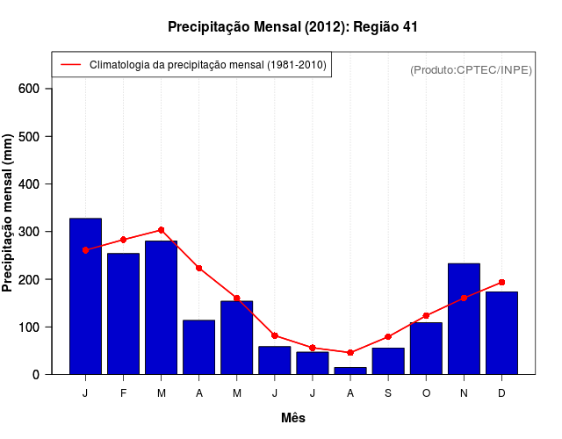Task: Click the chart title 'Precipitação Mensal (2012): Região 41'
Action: [292, 27]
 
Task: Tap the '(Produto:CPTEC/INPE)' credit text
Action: [471, 69]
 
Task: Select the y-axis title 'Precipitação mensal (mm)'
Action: [8, 212]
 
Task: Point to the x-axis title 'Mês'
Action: [293, 418]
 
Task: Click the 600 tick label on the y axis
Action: [28, 89]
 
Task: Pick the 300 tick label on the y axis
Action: [28, 232]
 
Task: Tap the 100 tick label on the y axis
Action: [28, 327]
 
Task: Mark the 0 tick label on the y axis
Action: [35, 374]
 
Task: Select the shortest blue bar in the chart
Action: [350, 371]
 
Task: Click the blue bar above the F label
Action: [123, 313]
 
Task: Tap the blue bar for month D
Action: [501, 333]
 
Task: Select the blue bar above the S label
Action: [388, 361]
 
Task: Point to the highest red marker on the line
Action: [161, 230]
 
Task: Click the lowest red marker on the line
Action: [350, 352]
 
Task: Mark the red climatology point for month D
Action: [501, 282]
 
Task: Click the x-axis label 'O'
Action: [426, 393]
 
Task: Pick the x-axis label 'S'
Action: [388, 393]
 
